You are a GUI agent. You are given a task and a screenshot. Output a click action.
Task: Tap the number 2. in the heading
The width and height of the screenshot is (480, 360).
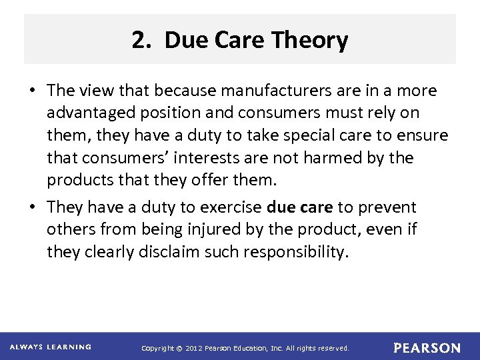coord(142,41)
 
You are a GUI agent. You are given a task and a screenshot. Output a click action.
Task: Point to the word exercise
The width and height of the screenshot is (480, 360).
coord(227,207)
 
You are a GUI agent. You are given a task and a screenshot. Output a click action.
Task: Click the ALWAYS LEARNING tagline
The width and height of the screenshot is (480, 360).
coord(51,347)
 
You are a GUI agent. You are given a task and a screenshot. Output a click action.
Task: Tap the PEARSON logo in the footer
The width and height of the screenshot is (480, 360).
coord(427,347)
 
